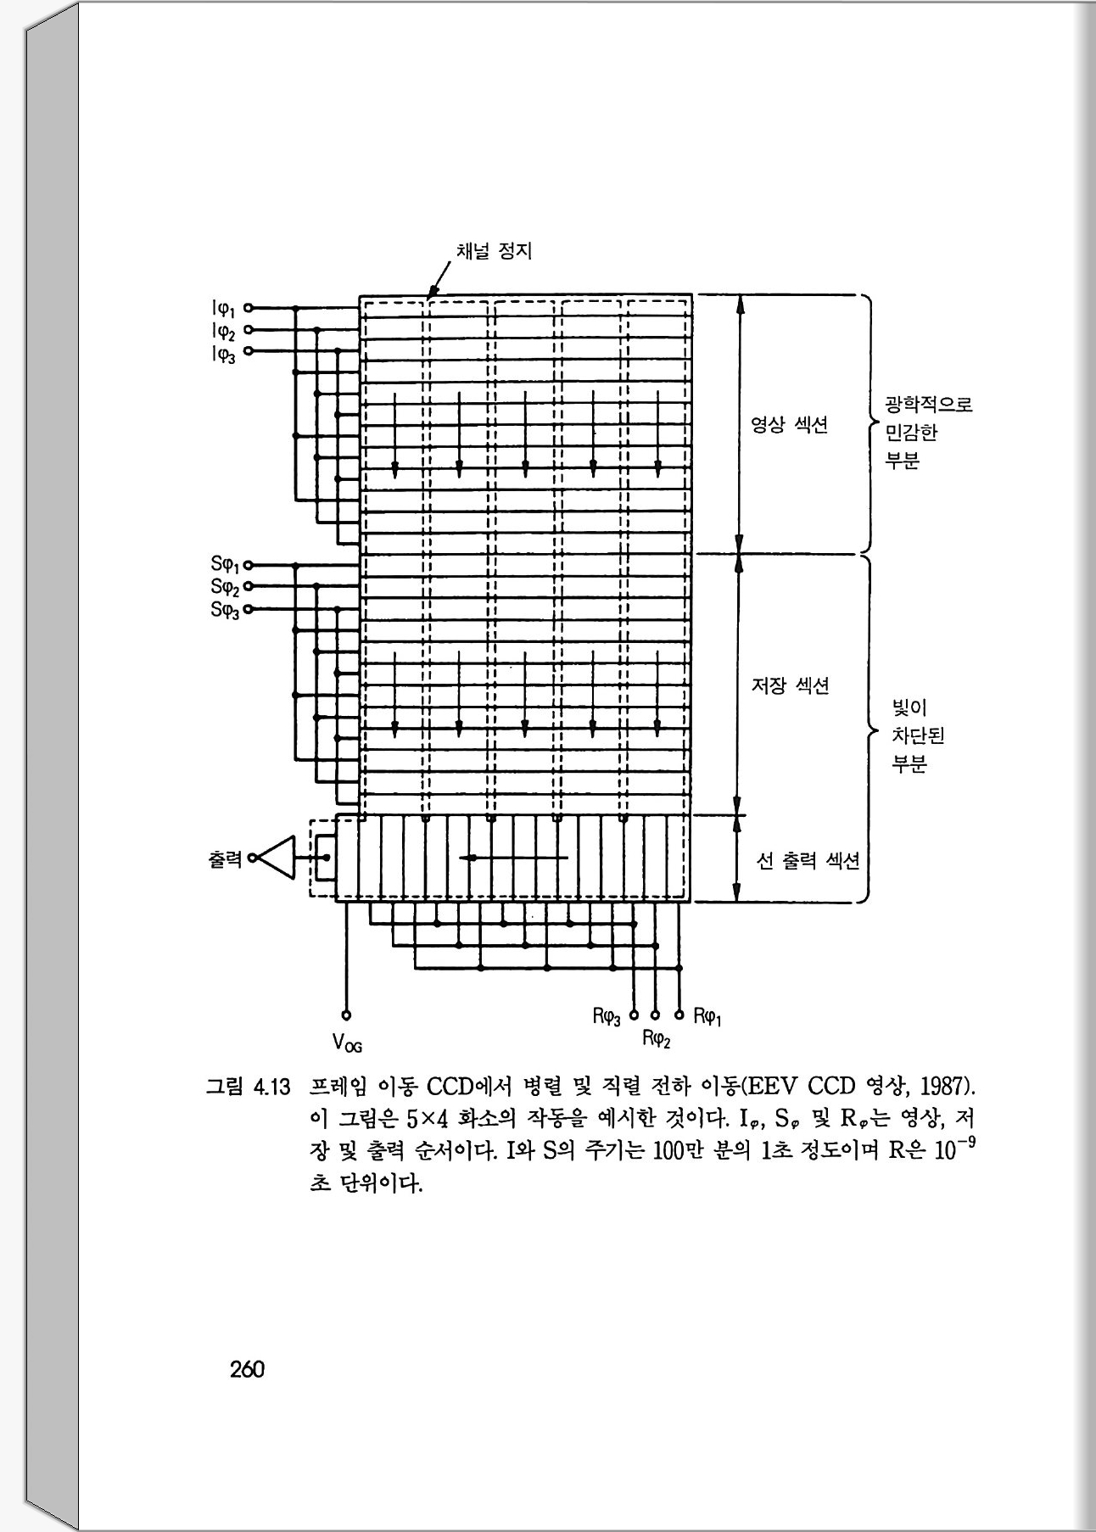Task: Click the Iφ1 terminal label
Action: [x=224, y=309]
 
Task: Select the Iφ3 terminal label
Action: [x=224, y=353]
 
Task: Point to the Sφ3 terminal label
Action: [x=225, y=609]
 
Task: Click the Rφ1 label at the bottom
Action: [x=707, y=1015]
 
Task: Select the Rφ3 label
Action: [x=607, y=1015]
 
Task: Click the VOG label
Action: [x=347, y=1041]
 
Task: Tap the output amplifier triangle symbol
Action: [x=277, y=858]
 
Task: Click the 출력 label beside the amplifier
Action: [x=225, y=858]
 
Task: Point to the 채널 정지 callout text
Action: [x=494, y=251]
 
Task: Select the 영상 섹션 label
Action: [x=789, y=425]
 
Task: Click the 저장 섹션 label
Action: [x=790, y=685]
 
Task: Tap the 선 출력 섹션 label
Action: [x=808, y=861]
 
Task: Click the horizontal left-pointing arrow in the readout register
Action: [x=513, y=858]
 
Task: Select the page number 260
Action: [x=247, y=1369]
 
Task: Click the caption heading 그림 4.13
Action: [x=249, y=1087]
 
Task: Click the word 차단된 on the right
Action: [x=918, y=735]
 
